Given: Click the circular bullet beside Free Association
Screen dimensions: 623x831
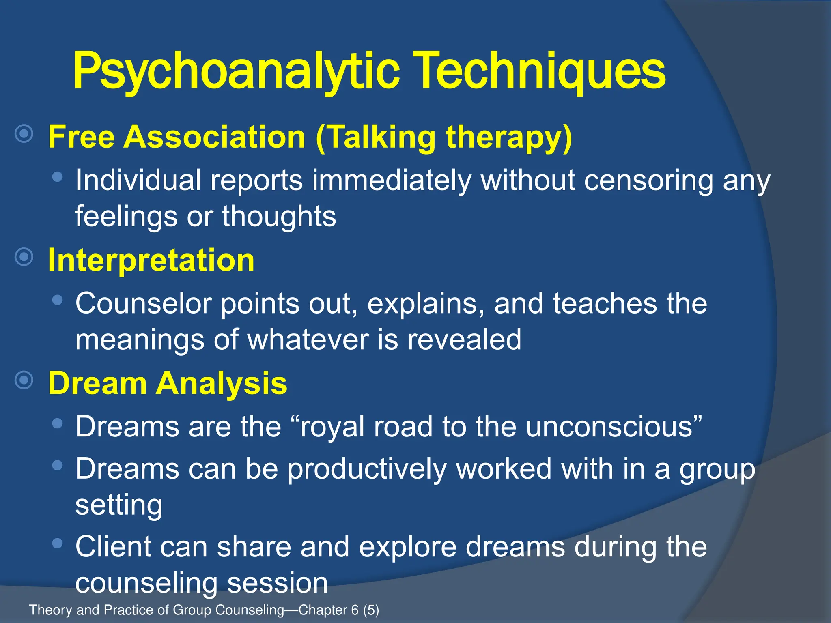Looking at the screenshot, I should (24, 133).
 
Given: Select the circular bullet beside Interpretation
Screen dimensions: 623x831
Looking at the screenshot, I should (24, 257).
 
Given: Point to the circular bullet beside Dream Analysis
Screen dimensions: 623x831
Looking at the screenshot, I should (24, 380).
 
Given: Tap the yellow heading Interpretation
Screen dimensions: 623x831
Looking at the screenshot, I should (151, 260).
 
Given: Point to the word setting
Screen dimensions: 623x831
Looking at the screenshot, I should (119, 505).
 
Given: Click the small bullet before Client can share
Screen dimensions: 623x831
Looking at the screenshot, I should (58, 543).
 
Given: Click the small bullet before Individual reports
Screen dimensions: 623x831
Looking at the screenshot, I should (58, 176).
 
